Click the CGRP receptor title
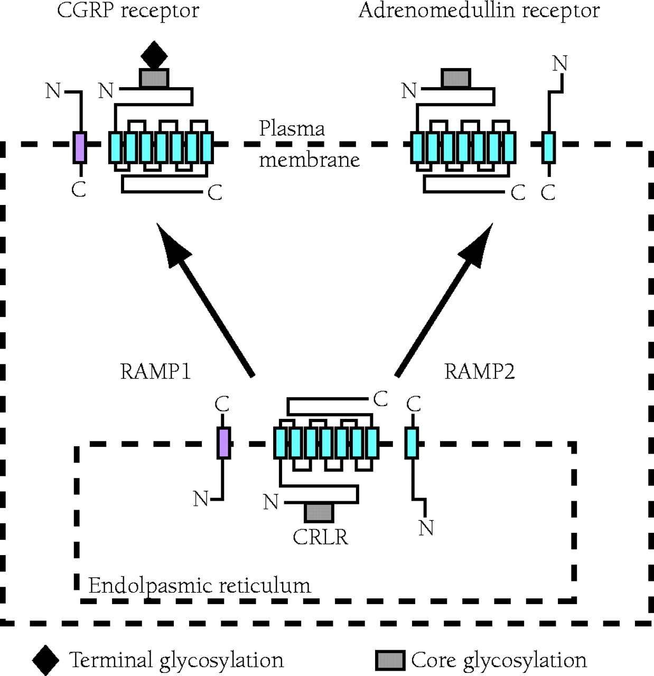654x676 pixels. [128, 11]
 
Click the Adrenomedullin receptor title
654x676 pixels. [479, 11]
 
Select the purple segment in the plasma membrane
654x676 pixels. [80, 147]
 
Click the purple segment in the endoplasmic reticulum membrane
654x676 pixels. [224, 443]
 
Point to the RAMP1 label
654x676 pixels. [155, 371]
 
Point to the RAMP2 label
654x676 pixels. [479, 371]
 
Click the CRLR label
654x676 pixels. [320, 537]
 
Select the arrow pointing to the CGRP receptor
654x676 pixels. [205, 298]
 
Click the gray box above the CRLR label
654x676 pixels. [319, 512]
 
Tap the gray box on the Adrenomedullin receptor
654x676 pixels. [456, 78]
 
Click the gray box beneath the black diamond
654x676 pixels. [154, 78]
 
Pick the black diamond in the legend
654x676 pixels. [45, 660]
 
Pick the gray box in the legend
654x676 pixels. [390, 660]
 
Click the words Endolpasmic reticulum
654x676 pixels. [199, 585]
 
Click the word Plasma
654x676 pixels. [292, 129]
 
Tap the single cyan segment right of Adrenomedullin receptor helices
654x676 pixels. [549, 147]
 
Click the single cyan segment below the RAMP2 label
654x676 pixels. [412, 443]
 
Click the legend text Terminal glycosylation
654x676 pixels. [176, 660]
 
